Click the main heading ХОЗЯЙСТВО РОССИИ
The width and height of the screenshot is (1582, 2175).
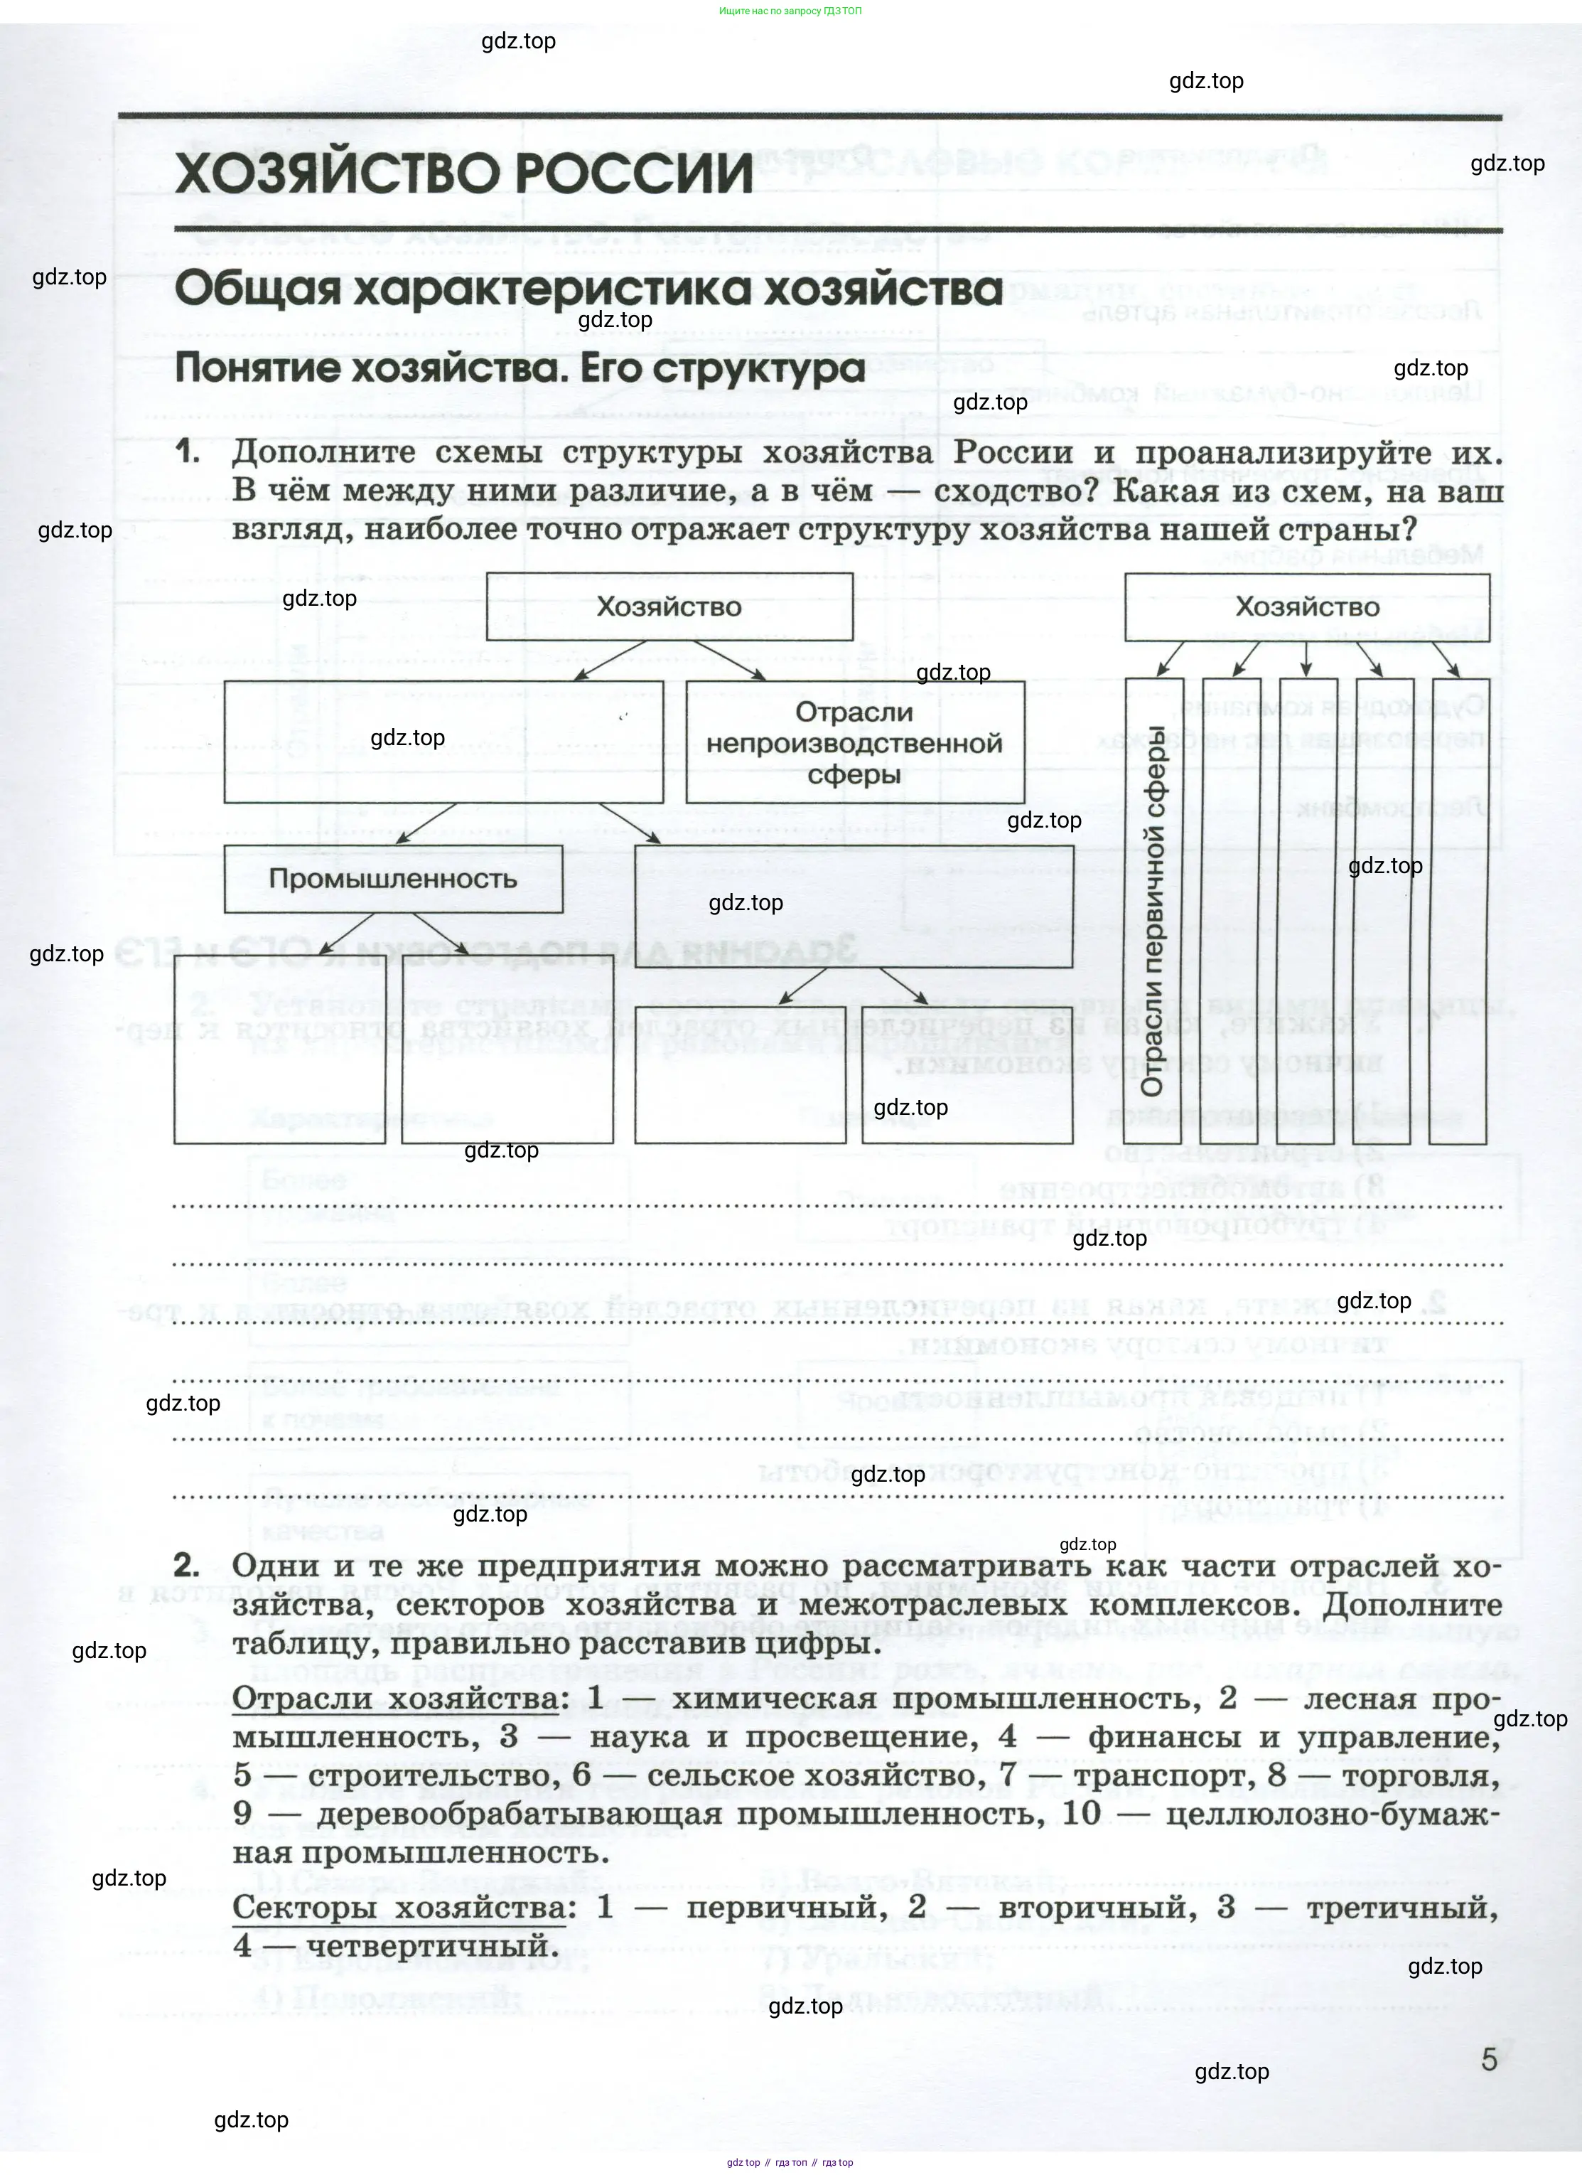coord(464,173)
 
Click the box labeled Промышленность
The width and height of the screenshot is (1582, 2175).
coord(393,878)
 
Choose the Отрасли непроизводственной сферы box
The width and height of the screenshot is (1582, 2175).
coord(854,742)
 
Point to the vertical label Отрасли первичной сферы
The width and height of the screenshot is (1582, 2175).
coord(1153,911)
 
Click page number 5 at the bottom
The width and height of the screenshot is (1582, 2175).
coord(1488,2060)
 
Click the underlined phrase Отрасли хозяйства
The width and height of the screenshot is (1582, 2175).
coord(396,1699)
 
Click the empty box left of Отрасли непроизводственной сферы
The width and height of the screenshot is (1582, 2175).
coord(443,742)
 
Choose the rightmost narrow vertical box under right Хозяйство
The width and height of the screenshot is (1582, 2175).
coord(1458,911)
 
